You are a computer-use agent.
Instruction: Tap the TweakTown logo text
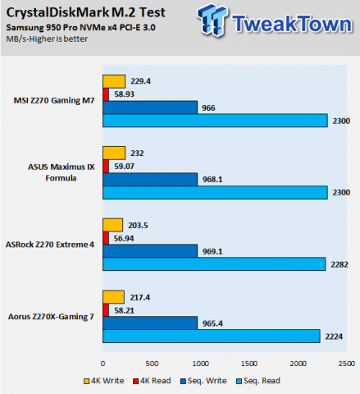293,23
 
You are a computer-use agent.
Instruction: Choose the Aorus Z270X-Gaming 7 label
52,316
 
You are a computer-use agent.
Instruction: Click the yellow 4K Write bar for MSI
114,81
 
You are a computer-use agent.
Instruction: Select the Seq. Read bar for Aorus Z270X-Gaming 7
211,336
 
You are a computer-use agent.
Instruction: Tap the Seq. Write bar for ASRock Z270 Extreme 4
150,251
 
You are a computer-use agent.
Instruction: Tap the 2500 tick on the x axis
347,362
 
